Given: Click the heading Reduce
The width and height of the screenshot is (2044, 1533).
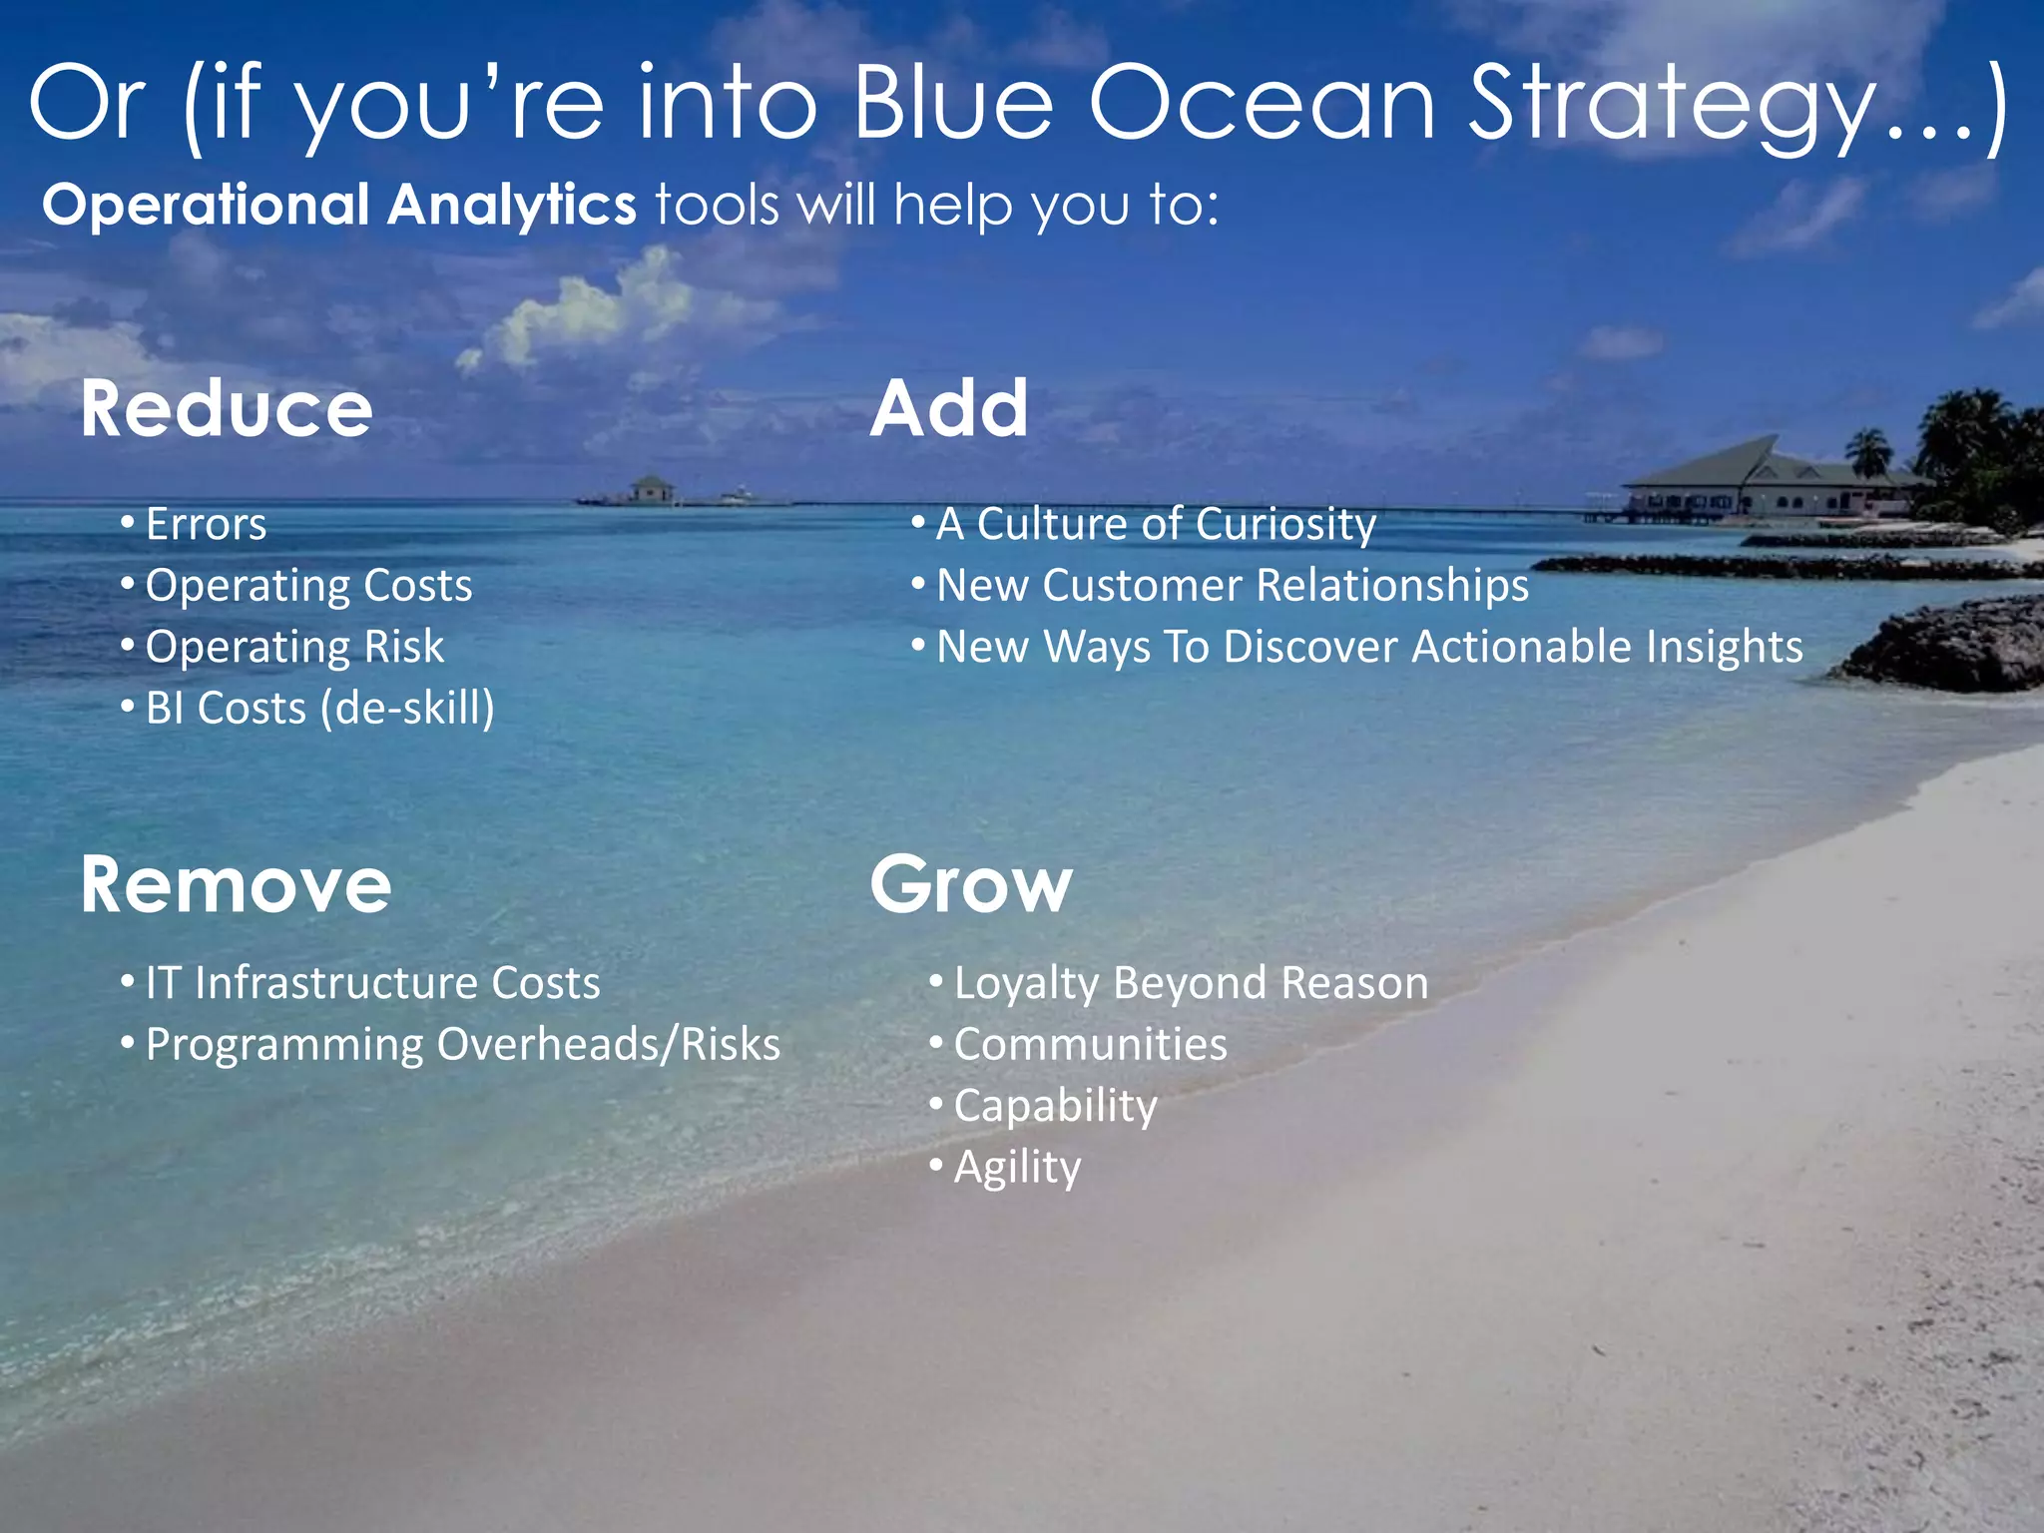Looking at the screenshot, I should [227, 409].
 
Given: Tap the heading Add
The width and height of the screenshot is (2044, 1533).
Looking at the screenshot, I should [948, 409].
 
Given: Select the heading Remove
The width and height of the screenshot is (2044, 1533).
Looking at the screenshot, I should [236, 885].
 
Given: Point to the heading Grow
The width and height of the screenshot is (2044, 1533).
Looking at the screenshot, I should [970, 885].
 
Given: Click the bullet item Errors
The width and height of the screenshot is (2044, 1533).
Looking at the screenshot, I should [206, 524].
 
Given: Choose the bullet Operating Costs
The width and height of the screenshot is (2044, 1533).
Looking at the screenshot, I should [308, 586].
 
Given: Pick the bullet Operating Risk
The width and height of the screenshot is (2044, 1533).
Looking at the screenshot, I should [294, 647].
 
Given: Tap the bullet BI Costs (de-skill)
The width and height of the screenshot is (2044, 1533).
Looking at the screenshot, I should [319, 709].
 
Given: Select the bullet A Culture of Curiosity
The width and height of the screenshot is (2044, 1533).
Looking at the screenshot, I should [1156, 524].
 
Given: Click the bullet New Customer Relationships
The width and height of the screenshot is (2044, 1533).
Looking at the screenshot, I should [1232, 586].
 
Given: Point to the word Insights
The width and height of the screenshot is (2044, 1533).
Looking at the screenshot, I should [1724, 647].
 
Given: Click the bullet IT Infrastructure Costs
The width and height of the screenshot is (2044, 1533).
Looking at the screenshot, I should [372, 983].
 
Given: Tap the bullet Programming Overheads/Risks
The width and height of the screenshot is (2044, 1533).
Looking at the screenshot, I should [462, 1045].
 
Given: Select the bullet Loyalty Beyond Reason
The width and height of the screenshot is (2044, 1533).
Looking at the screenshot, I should [1191, 983].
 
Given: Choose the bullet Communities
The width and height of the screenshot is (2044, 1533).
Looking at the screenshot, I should [1090, 1045].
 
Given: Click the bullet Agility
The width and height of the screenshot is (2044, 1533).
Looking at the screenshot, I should [1017, 1168].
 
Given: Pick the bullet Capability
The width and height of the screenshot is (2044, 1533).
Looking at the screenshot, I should [1055, 1106].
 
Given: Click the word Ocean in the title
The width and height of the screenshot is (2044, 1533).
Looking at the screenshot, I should [1262, 103].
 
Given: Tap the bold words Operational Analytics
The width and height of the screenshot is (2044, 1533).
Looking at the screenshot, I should [339, 205].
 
